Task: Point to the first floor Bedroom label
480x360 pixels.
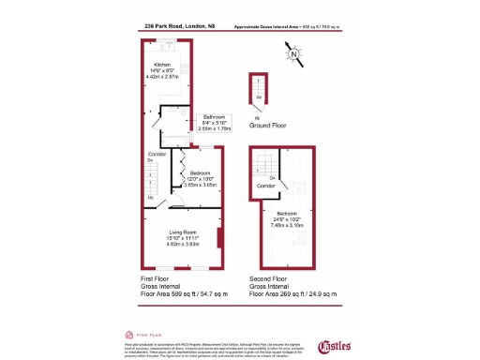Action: pyautogui.click(x=201, y=179)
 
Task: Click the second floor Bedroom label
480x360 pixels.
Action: pyautogui.click(x=287, y=219)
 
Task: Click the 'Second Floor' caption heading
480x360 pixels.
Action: pyautogui.click(x=272, y=279)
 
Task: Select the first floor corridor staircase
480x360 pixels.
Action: pyautogui.click(x=152, y=180)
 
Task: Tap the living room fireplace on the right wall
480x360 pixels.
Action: pyautogui.click(x=219, y=237)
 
